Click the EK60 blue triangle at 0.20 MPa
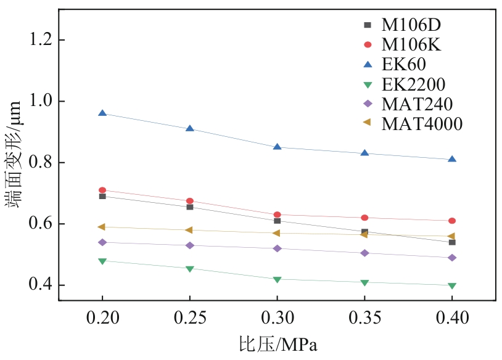(102, 113)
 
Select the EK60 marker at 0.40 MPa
(452, 159)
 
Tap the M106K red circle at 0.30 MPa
(278, 215)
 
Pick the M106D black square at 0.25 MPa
(190, 207)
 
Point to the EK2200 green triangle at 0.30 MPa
(278, 280)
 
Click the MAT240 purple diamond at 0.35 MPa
(365, 253)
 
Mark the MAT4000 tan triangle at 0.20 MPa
(102, 227)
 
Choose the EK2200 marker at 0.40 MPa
(452, 286)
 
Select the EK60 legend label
(404, 64)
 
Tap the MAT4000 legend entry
(422, 123)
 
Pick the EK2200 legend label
(413, 84)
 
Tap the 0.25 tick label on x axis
(190, 318)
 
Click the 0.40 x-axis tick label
(452, 318)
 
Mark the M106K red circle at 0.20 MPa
(102, 190)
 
